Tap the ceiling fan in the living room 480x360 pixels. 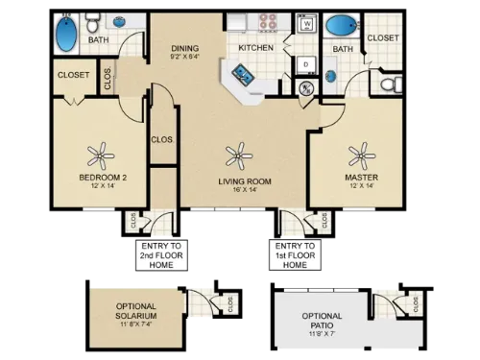235,152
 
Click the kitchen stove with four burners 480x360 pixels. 264,23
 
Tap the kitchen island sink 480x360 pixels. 237,71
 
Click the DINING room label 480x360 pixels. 184,48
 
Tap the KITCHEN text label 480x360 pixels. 255,47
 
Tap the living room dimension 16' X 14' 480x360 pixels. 234,190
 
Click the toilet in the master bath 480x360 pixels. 387,84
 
